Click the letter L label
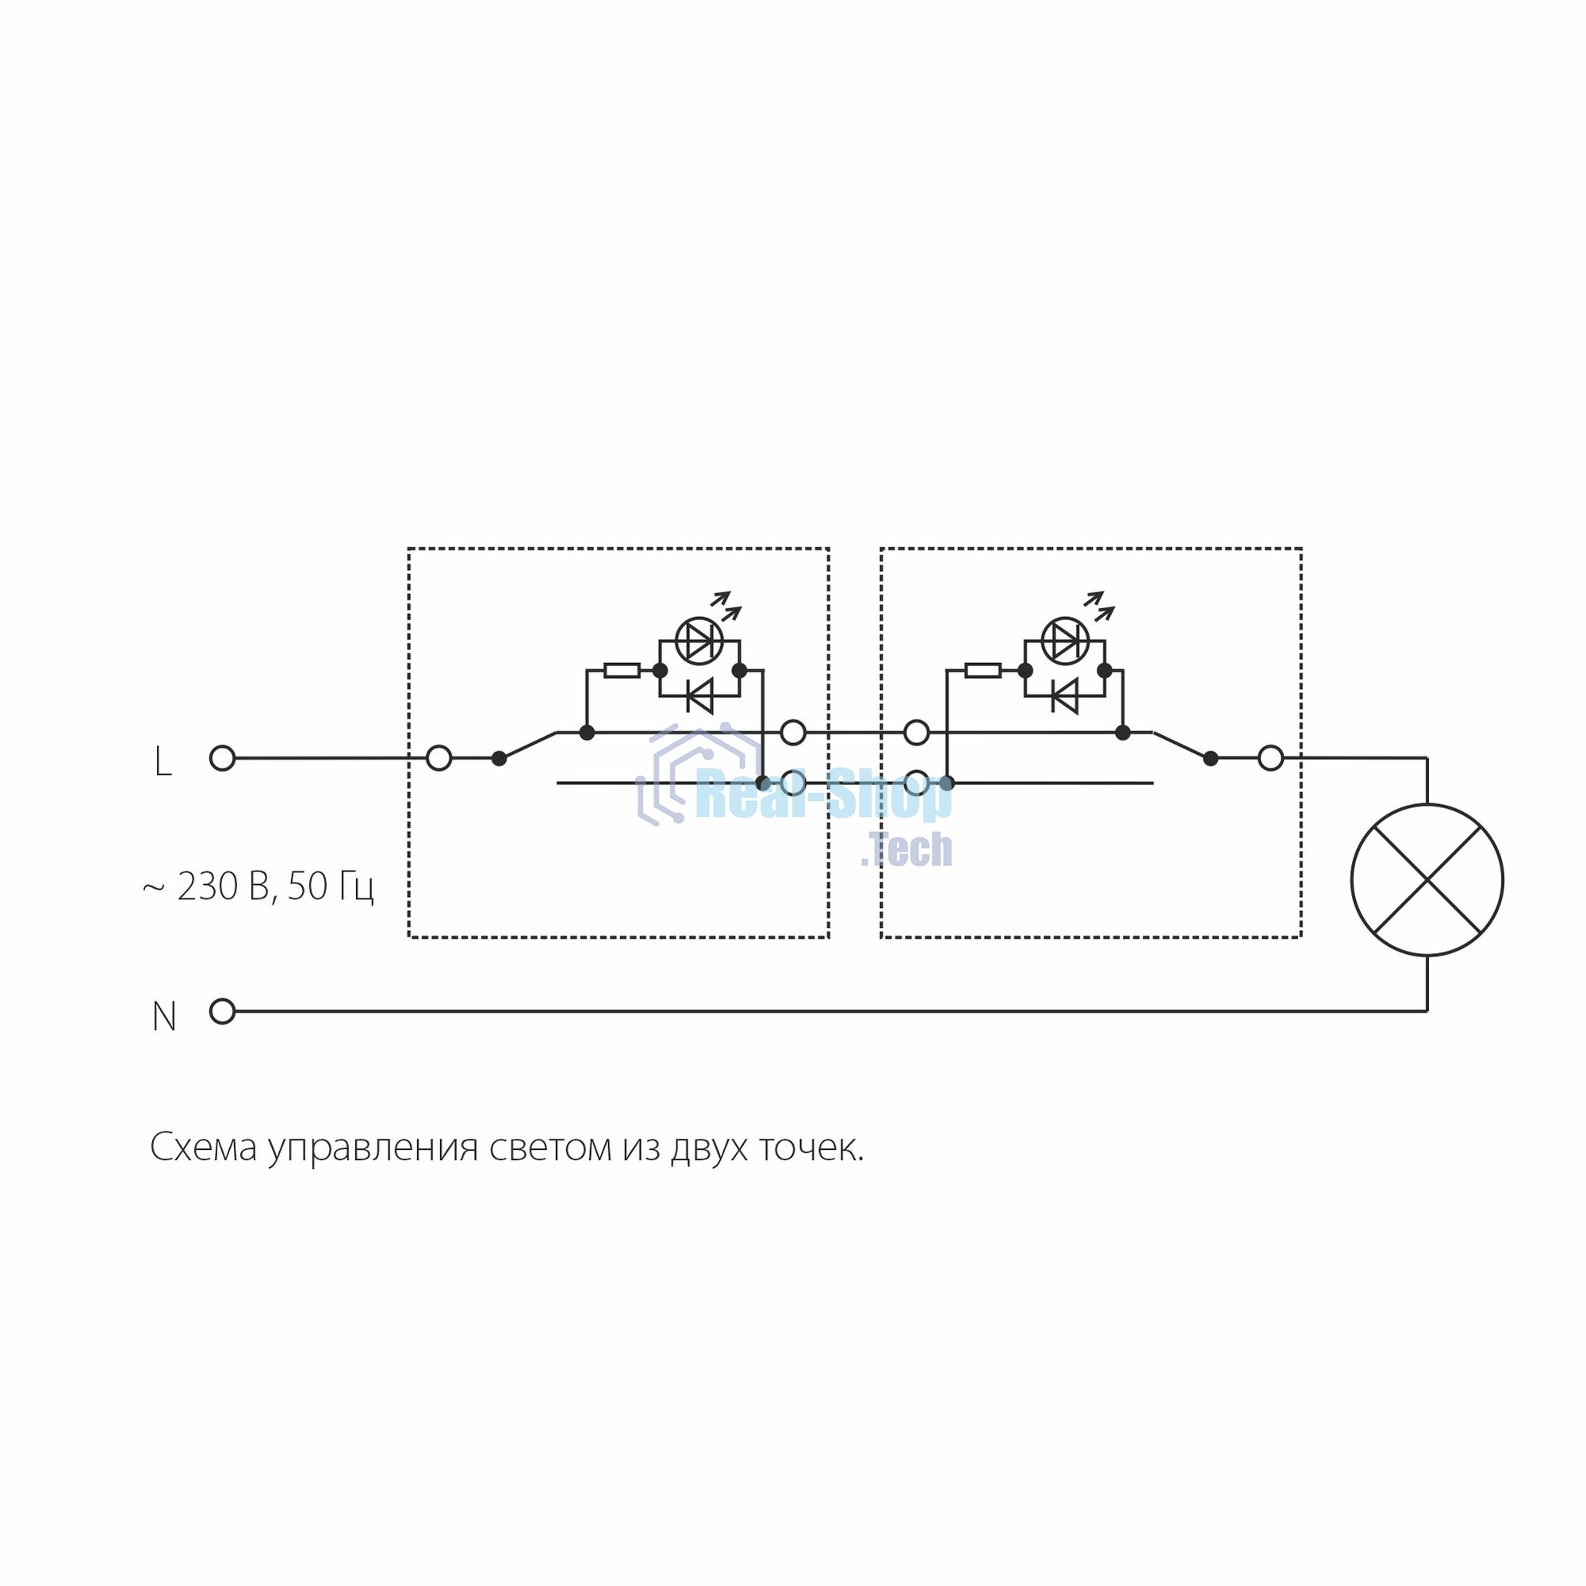[163, 762]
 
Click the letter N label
[164, 1017]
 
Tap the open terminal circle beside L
[223, 759]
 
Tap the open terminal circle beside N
[223, 1011]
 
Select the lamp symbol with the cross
[1427, 880]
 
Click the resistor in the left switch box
[622, 671]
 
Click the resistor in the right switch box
[983, 671]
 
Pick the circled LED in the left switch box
[699, 641]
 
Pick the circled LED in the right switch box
[1065, 641]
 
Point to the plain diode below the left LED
[699, 696]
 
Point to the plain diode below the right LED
[1065, 696]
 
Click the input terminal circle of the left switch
[439, 759]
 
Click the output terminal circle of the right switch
[1270, 759]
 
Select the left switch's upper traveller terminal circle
[793, 732]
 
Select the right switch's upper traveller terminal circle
[916, 732]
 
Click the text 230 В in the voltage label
[224, 887]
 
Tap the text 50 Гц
[331, 887]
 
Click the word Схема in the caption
[204, 1148]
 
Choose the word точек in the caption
[811, 1148]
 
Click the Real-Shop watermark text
[823, 794]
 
